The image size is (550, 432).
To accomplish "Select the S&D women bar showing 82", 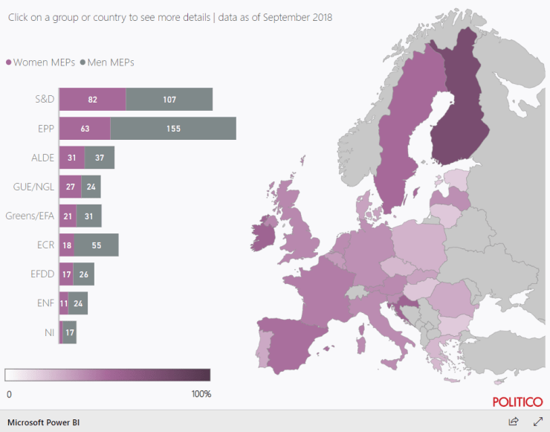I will (x=92, y=99).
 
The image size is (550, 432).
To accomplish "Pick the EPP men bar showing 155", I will (x=173, y=128).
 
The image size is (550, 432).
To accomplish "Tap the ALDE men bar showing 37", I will (x=100, y=157).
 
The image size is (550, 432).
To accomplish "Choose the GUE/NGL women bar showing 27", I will (x=70, y=187).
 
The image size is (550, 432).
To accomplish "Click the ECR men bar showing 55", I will (x=96, y=245).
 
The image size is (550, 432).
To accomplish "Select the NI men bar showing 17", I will (x=69, y=332).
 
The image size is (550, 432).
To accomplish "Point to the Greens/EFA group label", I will (x=30, y=216).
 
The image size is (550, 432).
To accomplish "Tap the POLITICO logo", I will (x=517, y=402).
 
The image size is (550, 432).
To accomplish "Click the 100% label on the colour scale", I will (x=201, y=393).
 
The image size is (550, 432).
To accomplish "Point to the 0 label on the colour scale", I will (x=9, y=393).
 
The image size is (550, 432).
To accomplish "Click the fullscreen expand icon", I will (x=539, y=422).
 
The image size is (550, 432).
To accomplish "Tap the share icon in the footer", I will (x=513, y=422).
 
